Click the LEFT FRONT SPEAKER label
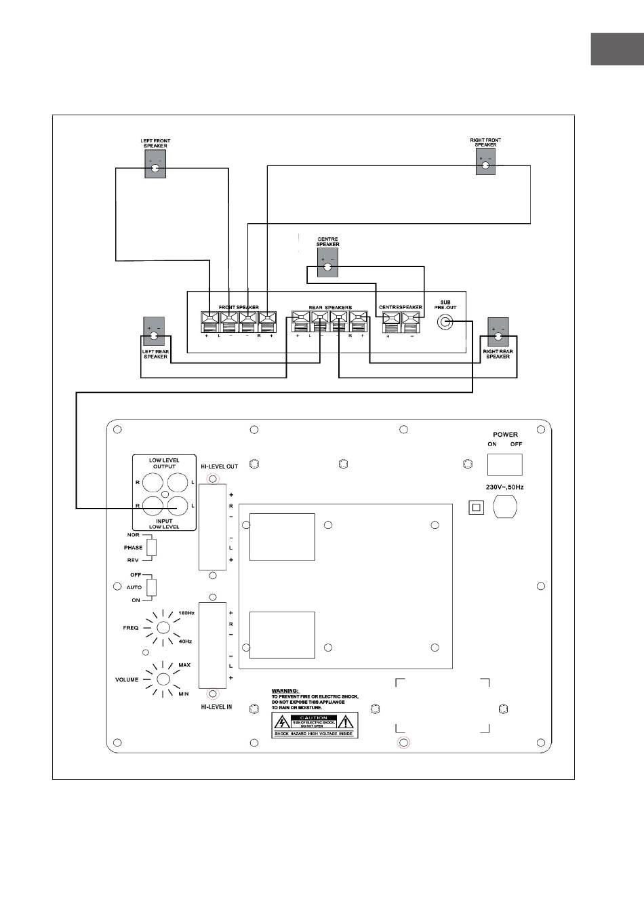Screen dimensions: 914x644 click(155, 143)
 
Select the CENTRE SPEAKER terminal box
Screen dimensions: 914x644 click(328, 263)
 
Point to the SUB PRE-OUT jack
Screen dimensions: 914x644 click(445, 323)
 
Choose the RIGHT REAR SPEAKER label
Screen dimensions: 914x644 click(498, 354)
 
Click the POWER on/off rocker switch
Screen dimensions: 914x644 click(504, 464)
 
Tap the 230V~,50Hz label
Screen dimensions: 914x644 click(505, 487)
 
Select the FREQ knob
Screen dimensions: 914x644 click(163, 627)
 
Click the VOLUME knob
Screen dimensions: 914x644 click(163, 679)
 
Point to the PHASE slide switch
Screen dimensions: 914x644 click(152, 547)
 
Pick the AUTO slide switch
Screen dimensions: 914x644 click(152, 587)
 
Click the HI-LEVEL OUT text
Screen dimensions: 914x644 click(219, 466)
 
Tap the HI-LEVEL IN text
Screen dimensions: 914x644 click(216, 707)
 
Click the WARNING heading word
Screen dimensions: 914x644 click(285, 691)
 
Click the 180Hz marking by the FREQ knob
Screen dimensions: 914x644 click(186, 613)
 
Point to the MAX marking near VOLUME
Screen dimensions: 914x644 click(184, 665)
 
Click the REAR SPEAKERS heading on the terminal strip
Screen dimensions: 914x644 click(330, 307)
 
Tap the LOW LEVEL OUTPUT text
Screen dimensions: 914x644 click(164, 463)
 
